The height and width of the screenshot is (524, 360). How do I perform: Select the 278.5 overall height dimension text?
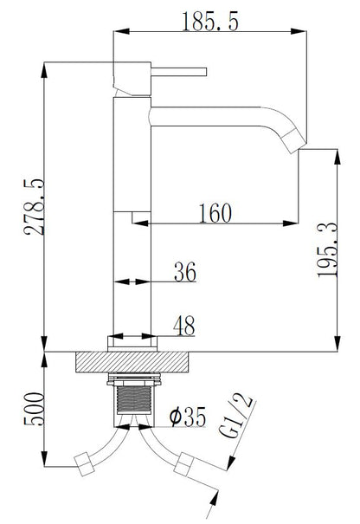tap(31, 208)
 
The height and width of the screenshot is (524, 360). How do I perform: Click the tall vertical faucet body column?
tap(132, 217)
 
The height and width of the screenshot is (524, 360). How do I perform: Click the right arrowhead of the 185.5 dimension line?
tap(305, 32)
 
